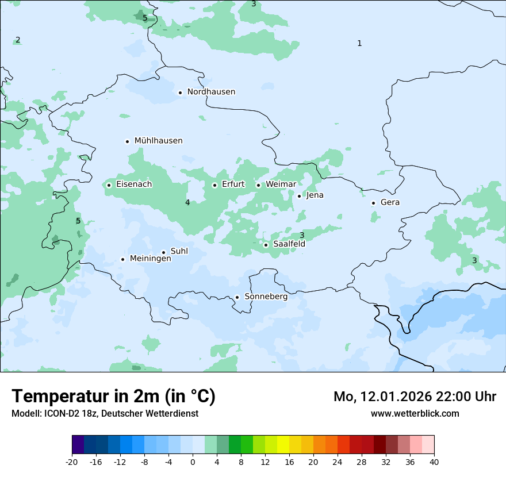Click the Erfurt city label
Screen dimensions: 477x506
233,184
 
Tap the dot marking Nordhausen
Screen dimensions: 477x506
180,93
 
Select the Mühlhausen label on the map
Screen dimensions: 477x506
158,141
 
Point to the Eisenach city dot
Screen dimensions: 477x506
109,185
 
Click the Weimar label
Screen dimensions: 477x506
281,184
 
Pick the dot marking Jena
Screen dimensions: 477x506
299,196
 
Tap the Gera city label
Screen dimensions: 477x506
390,202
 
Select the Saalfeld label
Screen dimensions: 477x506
289,244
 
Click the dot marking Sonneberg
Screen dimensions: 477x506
237,297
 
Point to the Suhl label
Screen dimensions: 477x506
179,252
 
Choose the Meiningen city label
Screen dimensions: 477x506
150,259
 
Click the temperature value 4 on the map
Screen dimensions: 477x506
187,202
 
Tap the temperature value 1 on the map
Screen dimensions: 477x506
359,43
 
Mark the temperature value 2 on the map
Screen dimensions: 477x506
18,40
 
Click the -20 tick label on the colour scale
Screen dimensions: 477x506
72,462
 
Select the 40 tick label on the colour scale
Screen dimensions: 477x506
434,462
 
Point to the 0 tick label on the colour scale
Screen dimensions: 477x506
193,462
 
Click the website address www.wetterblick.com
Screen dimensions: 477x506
415,413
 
